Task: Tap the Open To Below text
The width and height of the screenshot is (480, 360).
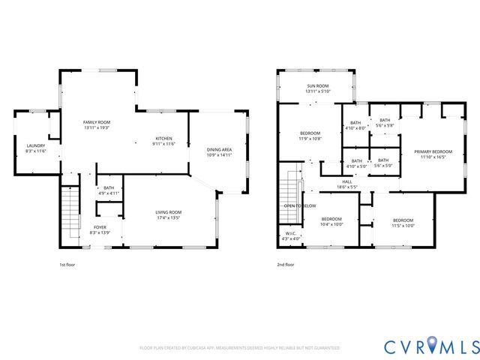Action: pyautogui.click(x=299, y=205)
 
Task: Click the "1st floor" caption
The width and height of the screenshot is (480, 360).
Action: pyautogui.click(x=67, y=265)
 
